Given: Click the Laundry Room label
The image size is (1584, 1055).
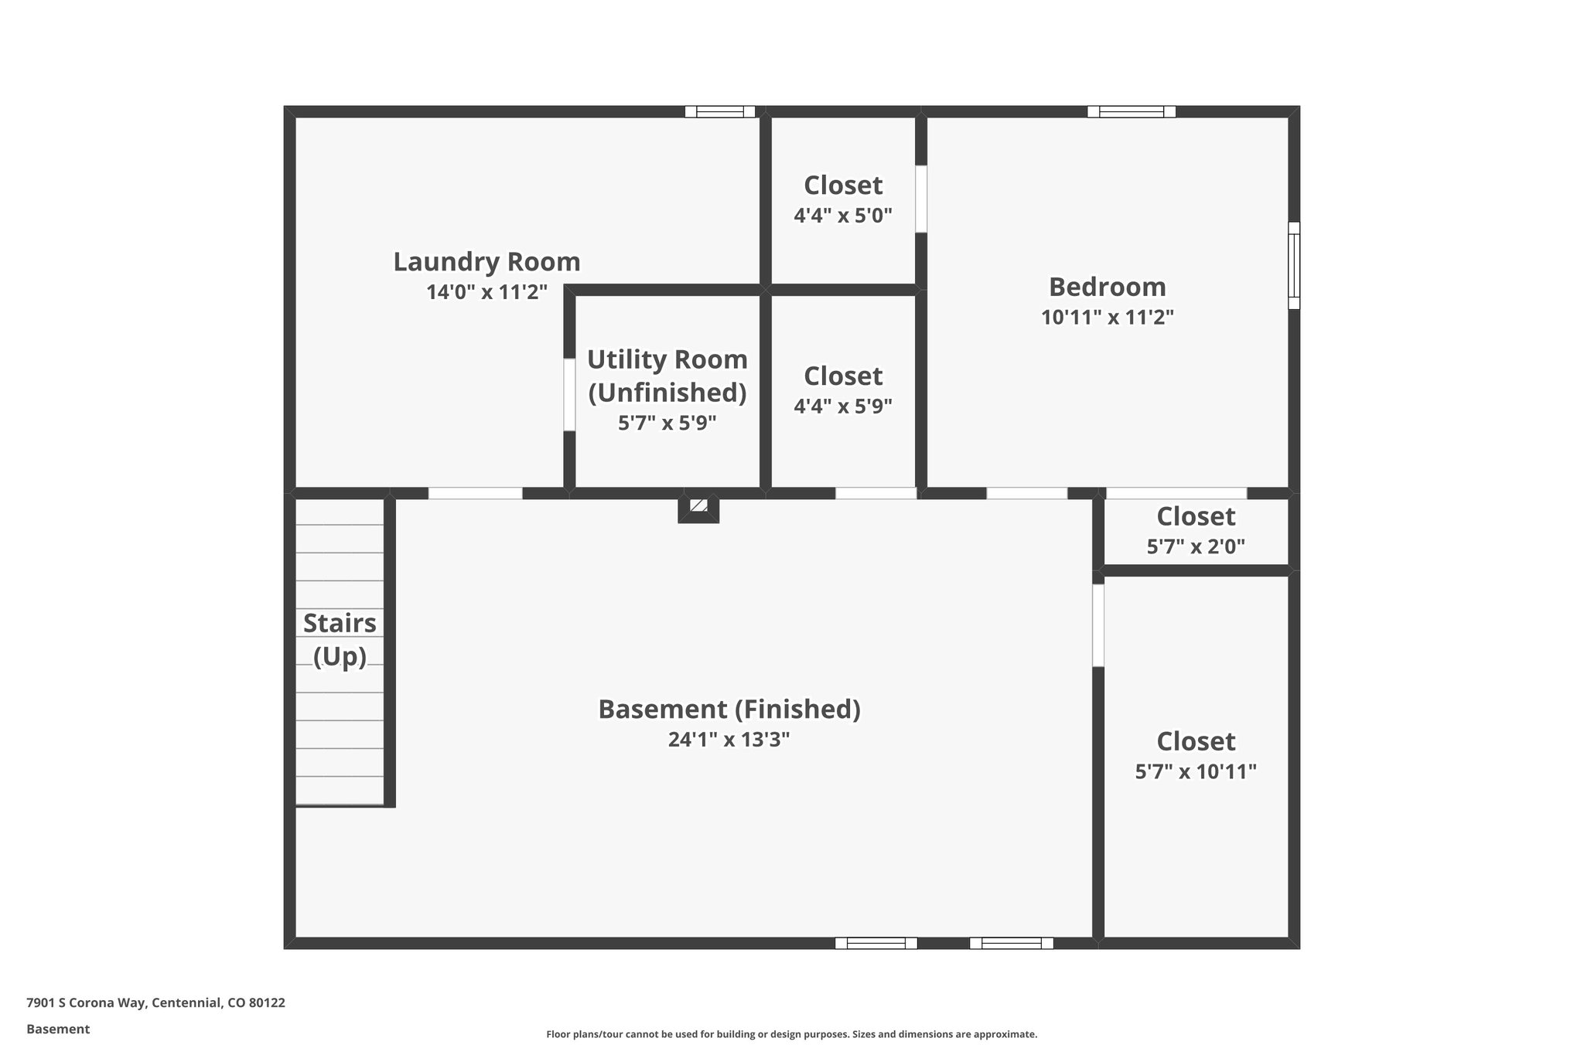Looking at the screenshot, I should (x=486, y=262).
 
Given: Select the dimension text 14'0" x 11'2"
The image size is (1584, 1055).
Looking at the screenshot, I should (x=486, y=292).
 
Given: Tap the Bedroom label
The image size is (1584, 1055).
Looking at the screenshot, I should (x=1107, y=287).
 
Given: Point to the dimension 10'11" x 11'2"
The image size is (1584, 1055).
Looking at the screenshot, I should (x=1107, y=318).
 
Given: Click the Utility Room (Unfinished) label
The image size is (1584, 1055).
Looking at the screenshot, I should (x=667, y=376).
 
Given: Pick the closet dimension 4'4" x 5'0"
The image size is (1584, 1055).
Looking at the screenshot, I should (x=843, y=216).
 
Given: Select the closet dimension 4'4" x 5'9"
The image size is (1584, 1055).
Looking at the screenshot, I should (x=843, y=407).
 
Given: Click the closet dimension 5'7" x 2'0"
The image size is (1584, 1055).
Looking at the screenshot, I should (x=1195, y=547).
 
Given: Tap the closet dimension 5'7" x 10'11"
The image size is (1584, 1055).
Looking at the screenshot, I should (x=1195, y=772).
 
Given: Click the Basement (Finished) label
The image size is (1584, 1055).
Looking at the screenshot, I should (x=729, y=710).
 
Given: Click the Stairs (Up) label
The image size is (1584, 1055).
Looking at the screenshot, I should (x=340, y=639).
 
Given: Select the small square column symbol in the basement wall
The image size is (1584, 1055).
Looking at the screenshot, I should (x=698, y=506).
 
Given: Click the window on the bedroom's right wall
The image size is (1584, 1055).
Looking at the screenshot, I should (x=1293, y=265).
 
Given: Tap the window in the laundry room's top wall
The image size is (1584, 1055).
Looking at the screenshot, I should (x=719, y=111).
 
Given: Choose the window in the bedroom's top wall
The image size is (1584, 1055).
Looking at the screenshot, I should (x=1131, y=111).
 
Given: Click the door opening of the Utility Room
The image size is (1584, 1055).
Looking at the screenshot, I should (x=569, y=394).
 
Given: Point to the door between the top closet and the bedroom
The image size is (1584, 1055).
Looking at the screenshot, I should (x=920, y=199).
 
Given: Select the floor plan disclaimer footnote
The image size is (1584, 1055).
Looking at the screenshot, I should (x=791, y=1034).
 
